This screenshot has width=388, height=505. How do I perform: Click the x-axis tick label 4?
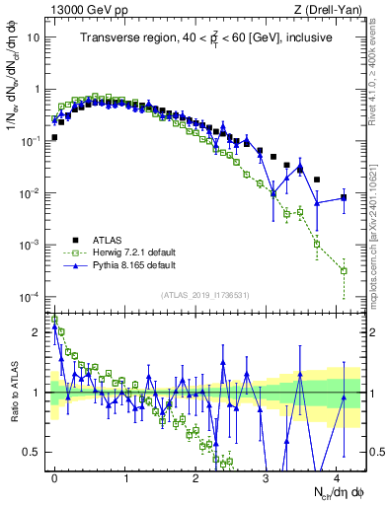click(x=337, y=475)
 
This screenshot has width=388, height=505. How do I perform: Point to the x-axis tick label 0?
click(x=54, y=475)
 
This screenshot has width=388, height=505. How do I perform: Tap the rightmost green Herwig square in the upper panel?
click(x=344, y=270)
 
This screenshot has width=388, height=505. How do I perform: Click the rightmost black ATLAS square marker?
click(x=344, y=197)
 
